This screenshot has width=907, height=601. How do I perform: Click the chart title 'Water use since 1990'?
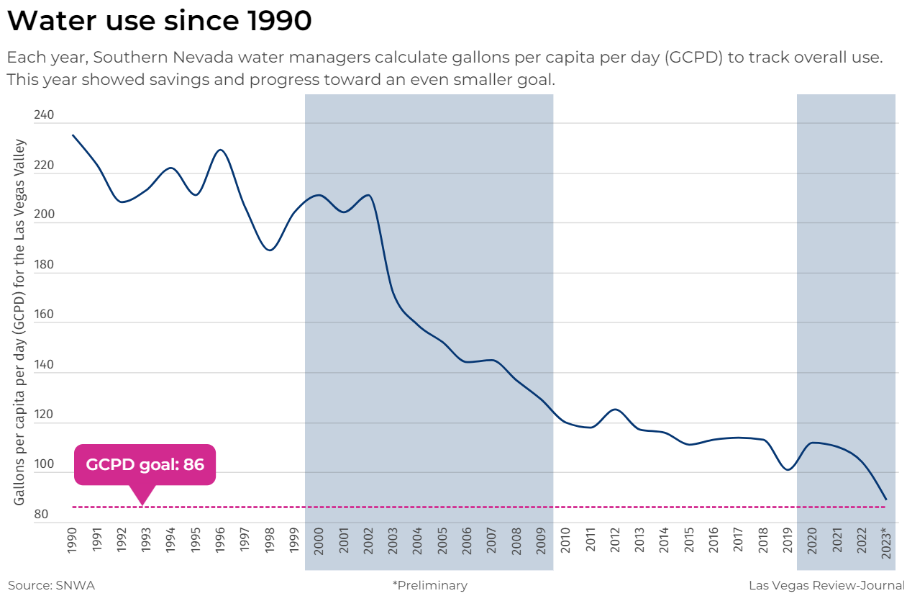coord(159,21)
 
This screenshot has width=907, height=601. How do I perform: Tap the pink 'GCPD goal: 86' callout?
coord(145,464)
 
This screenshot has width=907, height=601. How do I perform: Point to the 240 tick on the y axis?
coord(44,115)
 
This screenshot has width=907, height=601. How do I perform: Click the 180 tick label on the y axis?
coord(44,265)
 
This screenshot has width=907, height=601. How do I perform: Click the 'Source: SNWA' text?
coord(51,585)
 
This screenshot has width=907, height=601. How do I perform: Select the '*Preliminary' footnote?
coord(429,585)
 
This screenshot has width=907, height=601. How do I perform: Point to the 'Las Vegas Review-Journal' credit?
coord(826,585)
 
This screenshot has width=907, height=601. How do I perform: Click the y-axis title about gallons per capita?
coord(19,322)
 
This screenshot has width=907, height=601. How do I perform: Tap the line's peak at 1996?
coord(220,150)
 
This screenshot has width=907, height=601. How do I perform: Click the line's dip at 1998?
coord(270,250)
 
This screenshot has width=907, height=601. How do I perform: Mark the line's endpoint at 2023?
coord(885,499)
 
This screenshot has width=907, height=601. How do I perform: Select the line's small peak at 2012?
coord(615,409)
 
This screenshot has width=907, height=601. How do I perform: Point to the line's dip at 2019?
coord(788,470)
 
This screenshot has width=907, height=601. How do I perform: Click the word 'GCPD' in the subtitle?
coord(693,58)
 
